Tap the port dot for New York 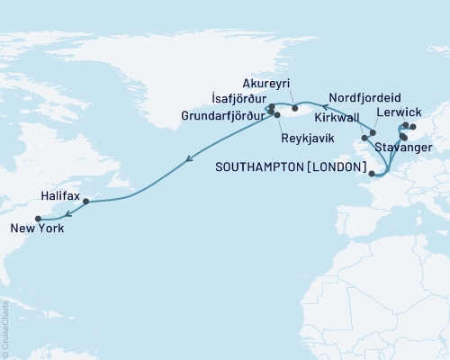(38, 218)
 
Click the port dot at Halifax (86, 202)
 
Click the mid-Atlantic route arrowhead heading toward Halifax (187, 160)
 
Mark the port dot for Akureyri (295, 109)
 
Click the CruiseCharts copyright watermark (5, 328)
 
